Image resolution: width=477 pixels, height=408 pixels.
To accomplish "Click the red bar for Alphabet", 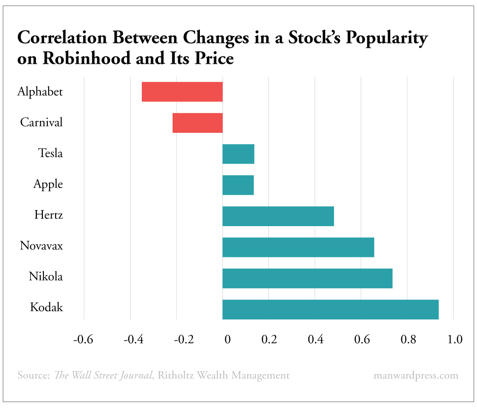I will (182, 92).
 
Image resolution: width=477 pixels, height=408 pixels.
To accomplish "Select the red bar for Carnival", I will (197, 123).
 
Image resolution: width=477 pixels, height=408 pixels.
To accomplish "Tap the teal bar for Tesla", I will (238, 154).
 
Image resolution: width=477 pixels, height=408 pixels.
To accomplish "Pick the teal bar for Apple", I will (238, 185).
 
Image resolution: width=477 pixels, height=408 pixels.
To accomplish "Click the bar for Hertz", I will (278, 216).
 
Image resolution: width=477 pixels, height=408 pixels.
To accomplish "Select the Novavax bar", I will (298, 247).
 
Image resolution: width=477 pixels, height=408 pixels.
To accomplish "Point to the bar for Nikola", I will (307, 278).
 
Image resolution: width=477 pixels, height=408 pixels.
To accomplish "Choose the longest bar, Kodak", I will (330, 309).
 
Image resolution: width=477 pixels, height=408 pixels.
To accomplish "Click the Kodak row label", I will (46, 308).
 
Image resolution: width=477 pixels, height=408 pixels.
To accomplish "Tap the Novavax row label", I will (41, 246).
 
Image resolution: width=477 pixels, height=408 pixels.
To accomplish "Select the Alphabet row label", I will (40, 92).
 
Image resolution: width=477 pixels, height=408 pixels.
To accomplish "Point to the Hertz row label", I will (49, 215).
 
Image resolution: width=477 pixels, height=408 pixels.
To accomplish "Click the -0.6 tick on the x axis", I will (83, 339).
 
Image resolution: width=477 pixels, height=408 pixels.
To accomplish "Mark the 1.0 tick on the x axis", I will (453, 339).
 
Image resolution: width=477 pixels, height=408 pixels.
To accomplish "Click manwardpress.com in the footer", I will (415, 375).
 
